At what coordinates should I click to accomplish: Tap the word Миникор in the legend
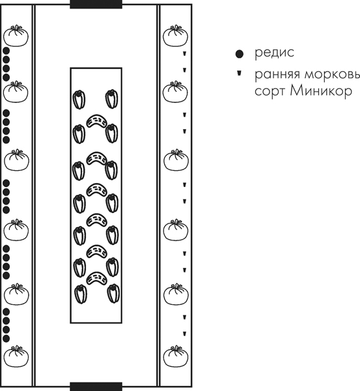click(x=321, y=91)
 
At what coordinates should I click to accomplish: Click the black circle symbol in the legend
click(x=239, y=54)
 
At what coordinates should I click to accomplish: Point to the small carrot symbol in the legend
click(x=239, y=73)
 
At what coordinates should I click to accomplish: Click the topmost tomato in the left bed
click(x=16, y=36)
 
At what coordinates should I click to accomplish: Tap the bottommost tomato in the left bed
click(x=16, y=356)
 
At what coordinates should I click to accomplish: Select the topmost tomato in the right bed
click(x=175, y=36)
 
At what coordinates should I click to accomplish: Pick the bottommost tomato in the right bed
click(x=176, y=356)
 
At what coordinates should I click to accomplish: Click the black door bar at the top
click(x=96, y=5)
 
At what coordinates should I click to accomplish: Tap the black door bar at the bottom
click(x=96, y=386)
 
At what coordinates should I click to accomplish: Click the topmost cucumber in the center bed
click(x=96, y=121)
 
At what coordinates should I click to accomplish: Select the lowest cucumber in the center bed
click(x=96, y=278)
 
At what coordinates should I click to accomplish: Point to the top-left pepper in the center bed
click(x=79, y=100)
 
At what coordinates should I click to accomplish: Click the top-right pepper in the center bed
click(x=111, y=99)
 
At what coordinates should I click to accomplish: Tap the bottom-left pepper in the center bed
click(x=81, y=295)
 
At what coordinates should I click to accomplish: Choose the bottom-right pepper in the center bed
click(x=113, y=293)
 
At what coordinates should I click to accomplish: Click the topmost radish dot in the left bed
click(x=7, y=51)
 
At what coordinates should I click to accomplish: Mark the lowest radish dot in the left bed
click(x=7, y=339)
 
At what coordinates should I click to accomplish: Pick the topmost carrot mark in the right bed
click(x=185, y=53)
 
